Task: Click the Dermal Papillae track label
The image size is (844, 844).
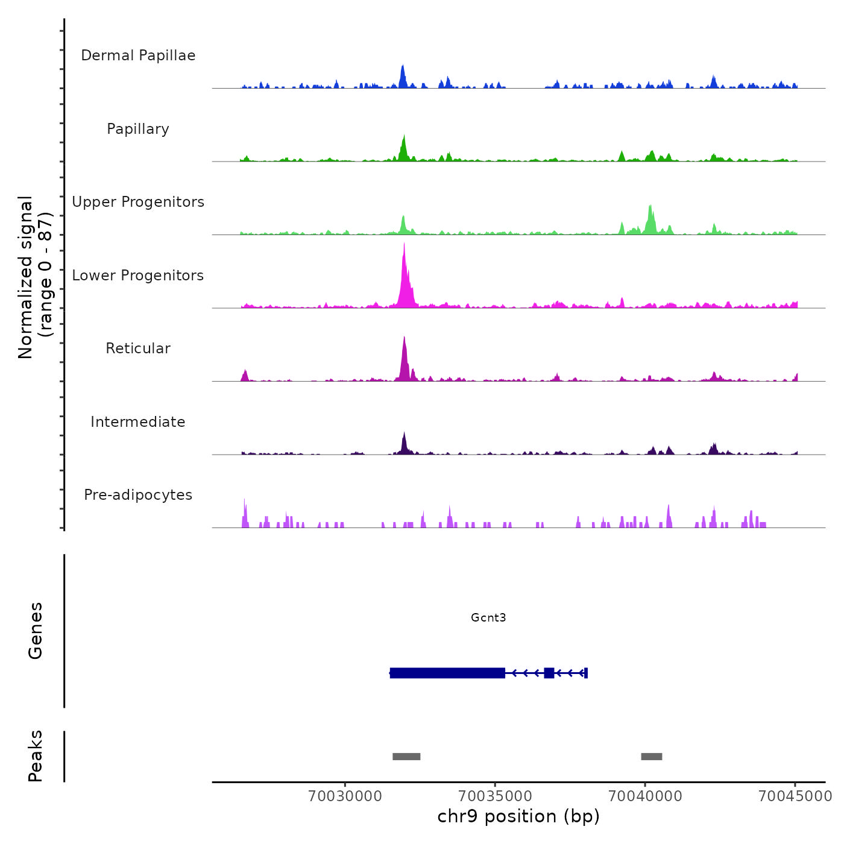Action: pos(138,55)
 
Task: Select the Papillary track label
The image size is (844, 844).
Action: pos(138,129)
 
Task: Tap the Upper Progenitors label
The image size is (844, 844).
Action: pos(138,202)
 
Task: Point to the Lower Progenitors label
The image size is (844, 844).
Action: pos(138,276)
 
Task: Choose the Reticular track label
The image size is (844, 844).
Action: pos(138,348)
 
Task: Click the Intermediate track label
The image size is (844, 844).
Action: pos(138,422)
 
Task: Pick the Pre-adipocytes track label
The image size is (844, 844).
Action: pos(138,495)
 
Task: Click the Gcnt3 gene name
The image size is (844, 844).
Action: pos(488,617)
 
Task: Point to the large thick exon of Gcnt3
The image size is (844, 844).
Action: pos(447,673)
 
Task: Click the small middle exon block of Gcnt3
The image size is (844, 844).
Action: pos(549,673)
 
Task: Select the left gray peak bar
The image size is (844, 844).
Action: pos(406,757)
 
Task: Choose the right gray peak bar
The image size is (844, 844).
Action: pos(652,757)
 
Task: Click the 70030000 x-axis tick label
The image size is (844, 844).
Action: pos(345,796)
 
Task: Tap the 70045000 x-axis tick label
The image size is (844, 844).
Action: pos(795,796)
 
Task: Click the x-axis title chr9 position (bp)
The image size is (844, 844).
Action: pos(518,816)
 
